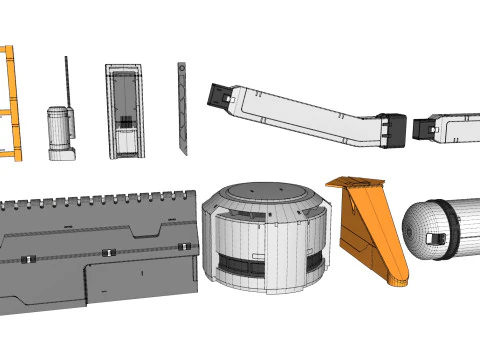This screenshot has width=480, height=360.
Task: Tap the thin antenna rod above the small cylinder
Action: (x=67, y=80)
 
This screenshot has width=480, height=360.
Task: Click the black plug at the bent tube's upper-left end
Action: (x=219, y=96)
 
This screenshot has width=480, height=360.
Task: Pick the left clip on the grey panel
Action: (x=28, y=260)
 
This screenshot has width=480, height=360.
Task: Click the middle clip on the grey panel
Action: (x=108, y=252)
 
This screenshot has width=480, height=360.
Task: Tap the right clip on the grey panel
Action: (x=183, y=246)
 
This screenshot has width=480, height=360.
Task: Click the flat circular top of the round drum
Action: (x=264, y=191)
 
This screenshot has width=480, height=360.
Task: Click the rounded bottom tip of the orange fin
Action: (x=398, y=280)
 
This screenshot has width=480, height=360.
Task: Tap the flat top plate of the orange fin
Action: (x=356, y=183)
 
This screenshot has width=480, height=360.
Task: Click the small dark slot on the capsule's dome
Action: (x=436, y=239)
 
